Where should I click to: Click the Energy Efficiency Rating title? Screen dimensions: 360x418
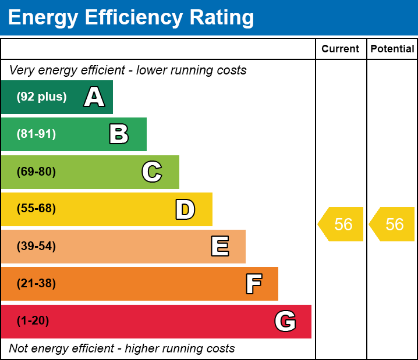coord(131,18)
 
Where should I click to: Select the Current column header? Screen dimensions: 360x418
coord(341,49)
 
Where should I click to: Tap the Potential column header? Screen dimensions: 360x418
coord(392,49)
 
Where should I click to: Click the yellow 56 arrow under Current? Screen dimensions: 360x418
coord(341,224)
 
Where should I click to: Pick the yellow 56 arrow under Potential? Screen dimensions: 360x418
coord(392,224)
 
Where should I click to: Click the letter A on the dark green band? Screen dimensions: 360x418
coord(94,97)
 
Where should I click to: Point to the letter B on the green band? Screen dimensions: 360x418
coord(119,134)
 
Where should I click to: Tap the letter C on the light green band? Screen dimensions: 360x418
coord(152,172)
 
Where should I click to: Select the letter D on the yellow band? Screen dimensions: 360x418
coord(185,210)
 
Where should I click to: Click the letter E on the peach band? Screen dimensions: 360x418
coord(219,247)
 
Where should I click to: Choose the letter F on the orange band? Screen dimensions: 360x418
coord(253,284)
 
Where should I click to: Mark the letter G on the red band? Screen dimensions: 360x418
coord(285,322)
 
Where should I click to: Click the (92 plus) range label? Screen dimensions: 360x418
coord(41,97)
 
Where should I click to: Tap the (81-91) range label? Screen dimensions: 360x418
coord(36,134)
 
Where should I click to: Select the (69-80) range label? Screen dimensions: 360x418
coord(36,172)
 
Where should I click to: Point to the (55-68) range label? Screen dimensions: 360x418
coord(36,209)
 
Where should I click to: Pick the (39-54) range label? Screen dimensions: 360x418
coord(36,247)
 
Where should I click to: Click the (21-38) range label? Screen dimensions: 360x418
coord(36,284)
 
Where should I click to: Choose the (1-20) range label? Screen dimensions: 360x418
coord(33,321)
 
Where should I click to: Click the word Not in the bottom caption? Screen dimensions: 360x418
coord(19,349)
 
